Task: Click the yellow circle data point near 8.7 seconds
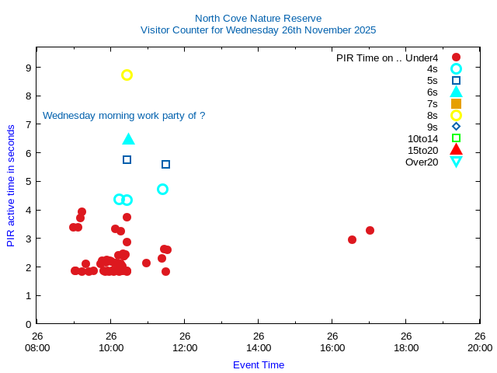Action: tap(127, 75)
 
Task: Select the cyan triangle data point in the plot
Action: tap(129, 139)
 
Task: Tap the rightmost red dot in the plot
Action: tap(370, 230)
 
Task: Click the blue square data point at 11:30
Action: tap(165, 164)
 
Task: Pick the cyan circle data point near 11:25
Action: tap(162, 189)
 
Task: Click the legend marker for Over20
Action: tap(456, 162)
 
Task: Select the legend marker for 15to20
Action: tap(456, 150)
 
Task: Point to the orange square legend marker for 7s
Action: tap(456, 103)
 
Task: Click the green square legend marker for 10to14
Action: tap(456, 138)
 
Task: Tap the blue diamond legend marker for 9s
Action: tap(456, 127)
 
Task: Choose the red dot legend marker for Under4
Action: tap(456, 57)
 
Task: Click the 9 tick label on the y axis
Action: tap(28, 68)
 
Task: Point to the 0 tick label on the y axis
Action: tap(28, 324)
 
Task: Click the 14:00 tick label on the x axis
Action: tap(259, 347)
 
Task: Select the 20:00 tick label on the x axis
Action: tap(480, 347)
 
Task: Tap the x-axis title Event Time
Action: tap(259, 364)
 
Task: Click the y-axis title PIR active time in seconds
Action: tap(11, 186)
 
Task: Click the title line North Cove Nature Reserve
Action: tap(258, 18)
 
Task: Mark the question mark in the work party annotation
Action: tap(202, 115)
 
